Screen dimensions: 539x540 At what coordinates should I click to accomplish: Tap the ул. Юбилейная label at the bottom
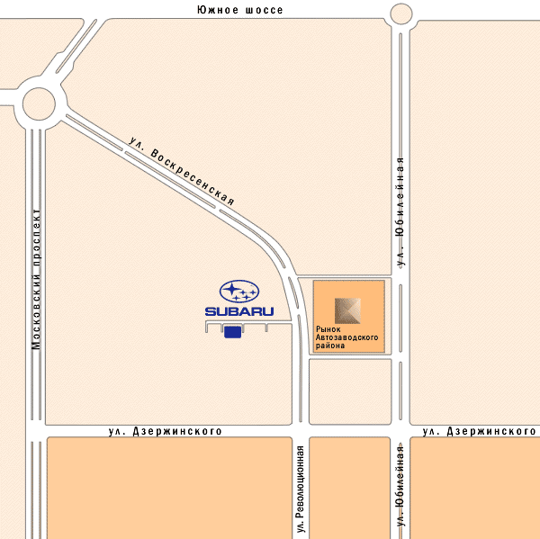(400, 485)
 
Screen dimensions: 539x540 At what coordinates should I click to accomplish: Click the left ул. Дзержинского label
(165, 432)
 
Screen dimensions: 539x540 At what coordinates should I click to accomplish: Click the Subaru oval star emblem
(239, 292)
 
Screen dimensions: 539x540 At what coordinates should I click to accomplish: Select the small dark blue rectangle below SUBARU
(232, 333)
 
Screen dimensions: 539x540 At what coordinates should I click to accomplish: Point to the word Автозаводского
(346, 337)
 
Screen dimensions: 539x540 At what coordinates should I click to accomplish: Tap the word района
(328, 346)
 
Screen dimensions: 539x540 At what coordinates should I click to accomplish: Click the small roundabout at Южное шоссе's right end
(401, 13)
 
